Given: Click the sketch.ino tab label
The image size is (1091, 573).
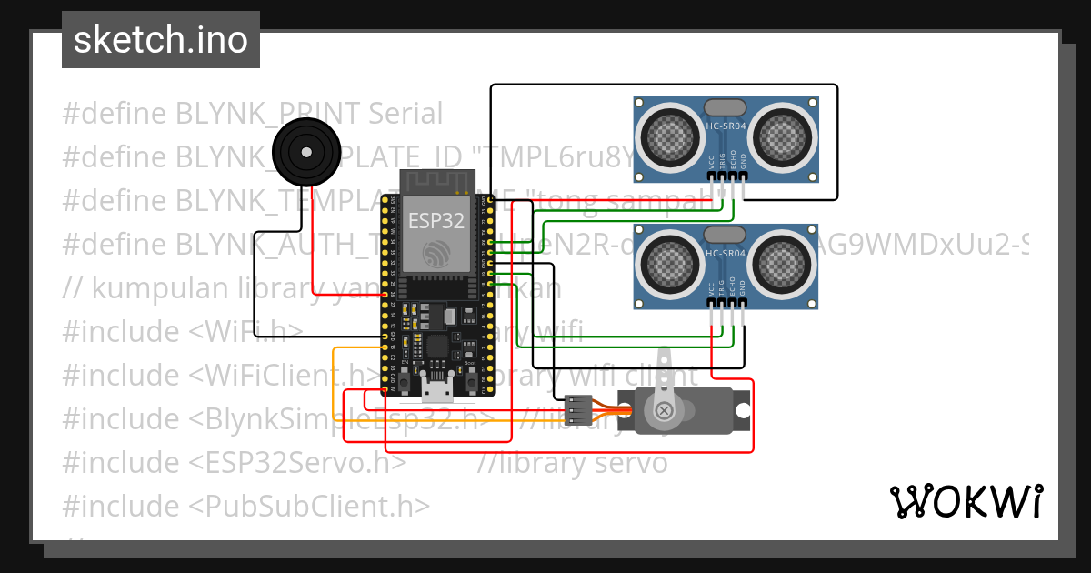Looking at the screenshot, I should click(160, 40).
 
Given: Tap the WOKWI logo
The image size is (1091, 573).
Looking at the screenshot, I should click(965, 501).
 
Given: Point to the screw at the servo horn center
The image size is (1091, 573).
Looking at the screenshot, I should click(665, 410).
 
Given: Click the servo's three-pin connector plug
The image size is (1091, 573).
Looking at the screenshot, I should click(577, 410).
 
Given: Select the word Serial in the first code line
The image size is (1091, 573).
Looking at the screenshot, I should click(405, 114).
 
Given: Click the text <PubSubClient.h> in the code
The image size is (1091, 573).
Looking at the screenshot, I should click(309, 506).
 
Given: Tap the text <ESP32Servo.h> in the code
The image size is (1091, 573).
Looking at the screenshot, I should click(298, 462).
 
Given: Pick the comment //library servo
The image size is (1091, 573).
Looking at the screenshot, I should click(573, 462).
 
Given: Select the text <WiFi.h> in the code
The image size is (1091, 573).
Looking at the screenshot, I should click(246, 331).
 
